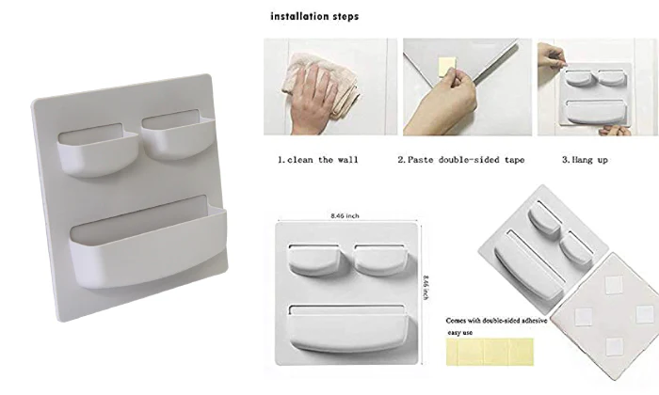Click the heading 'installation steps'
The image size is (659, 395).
314,16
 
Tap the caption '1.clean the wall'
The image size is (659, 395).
318,160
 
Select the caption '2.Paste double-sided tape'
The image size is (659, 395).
461,160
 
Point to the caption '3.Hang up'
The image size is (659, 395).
585,160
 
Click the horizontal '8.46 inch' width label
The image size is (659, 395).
345,215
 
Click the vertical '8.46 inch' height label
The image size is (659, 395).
426,288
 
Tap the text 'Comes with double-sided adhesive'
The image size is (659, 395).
496,321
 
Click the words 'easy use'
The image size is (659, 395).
459,333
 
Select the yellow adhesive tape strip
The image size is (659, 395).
490,352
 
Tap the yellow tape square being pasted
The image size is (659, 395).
446,67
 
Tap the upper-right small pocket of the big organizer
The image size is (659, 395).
178,136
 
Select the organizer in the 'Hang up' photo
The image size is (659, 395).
595,94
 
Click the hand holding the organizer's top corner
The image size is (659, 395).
551,55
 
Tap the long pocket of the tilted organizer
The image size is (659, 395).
529,267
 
